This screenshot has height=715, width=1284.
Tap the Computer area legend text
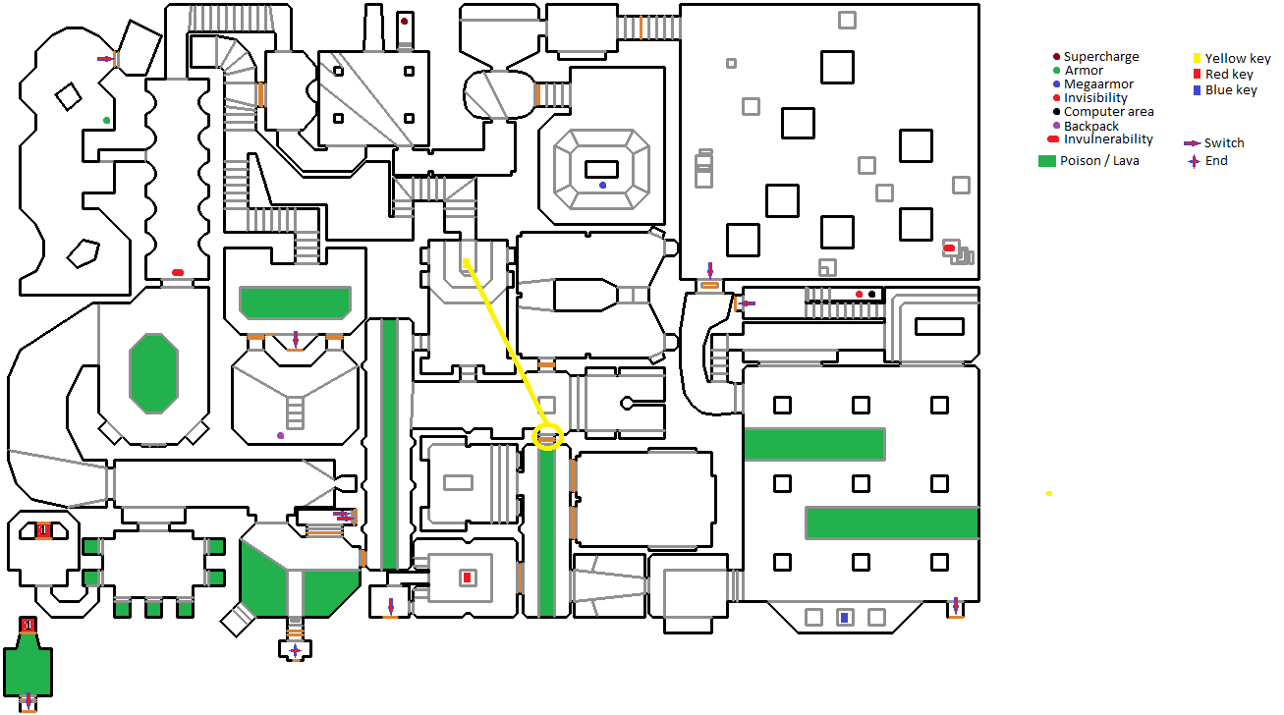point(1108,112)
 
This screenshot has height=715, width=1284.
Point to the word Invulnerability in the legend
point(1108,139)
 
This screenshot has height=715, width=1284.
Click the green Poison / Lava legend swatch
point(1046,161)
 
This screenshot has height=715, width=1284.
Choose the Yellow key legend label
point(1238,59)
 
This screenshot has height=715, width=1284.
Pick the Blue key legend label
point(1231,90)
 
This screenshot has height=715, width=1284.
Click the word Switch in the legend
point(1224,143)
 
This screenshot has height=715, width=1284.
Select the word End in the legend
point(1216,161)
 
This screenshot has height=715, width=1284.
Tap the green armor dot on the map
point(107,120)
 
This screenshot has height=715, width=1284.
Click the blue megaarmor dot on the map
point(602,185)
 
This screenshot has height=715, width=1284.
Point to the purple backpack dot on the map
point(280,435)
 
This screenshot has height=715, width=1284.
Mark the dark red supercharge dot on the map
point(404,21)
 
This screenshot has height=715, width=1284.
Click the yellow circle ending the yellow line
point(547,436)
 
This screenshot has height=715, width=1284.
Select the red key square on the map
point(467,577)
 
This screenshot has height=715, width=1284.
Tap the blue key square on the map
point(843,617)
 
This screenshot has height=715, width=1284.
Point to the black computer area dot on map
point(871,294)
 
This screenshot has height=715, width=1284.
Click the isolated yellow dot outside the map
point(1049,493)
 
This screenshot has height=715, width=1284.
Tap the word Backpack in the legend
point(1090,126)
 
